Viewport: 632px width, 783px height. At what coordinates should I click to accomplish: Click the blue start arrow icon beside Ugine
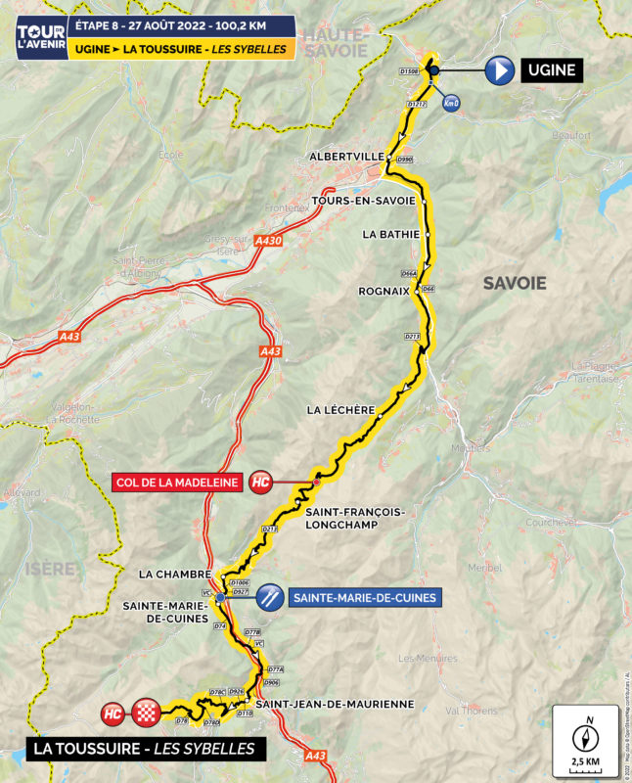pos(500,70)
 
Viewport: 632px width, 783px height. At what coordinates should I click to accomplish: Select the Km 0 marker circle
pos(450,103)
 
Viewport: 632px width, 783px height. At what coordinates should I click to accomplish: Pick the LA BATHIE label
pos(390,234)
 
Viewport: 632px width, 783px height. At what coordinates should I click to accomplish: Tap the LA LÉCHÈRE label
pos(339,409)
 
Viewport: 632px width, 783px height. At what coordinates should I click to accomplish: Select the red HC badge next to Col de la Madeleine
pos(260,482)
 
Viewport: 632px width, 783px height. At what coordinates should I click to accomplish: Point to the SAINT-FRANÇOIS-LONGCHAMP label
pos(354,518)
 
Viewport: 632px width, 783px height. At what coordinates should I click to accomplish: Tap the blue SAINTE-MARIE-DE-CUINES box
pos(363,596)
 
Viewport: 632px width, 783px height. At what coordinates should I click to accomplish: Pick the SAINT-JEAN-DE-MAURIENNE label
pos(335,704)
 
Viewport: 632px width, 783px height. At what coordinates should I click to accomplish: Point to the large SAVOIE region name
pos(514,284)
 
